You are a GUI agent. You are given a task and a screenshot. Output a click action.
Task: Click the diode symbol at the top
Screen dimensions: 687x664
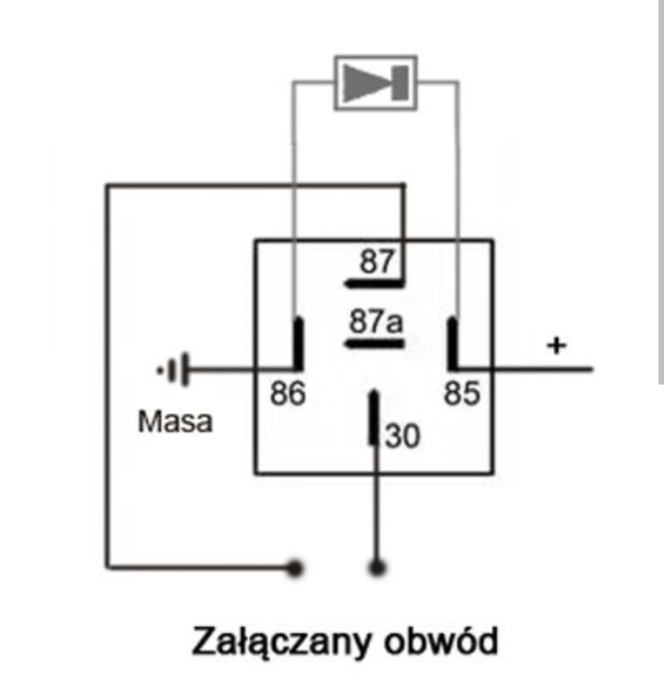(x=375, y=82)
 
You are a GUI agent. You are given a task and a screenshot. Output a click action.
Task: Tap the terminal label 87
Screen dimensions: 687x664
(x=376, y=261)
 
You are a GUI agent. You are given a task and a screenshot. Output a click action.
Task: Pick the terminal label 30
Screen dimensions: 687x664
(x=402, y=436)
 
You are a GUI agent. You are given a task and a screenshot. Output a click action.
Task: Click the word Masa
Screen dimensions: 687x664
(x=175, y=421)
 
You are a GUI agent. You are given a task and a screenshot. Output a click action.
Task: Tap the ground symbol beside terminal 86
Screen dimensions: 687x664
(x=174, y=368)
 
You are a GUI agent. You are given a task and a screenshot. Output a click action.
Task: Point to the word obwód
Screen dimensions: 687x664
(x=442, y=640)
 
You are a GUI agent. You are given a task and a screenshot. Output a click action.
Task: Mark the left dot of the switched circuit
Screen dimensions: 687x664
(x=295, y=569)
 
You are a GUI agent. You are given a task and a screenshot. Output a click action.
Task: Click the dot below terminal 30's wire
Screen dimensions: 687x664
(x=378, y=569)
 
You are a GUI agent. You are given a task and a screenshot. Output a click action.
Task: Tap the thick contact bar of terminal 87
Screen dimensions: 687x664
(x=373, y=283)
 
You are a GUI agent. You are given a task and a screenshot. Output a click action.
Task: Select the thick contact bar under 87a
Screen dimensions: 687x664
(x=373, y=343)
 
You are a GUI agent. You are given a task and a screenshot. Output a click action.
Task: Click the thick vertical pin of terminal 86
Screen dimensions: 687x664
(x=298, y=343)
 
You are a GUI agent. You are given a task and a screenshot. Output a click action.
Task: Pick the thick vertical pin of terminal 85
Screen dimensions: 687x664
(x=452, y=343)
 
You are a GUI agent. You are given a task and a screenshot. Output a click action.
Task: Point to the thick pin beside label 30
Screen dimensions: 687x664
(x=375, y=417)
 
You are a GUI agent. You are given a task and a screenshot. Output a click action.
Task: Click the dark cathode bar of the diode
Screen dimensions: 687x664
(x=400, y=83)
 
